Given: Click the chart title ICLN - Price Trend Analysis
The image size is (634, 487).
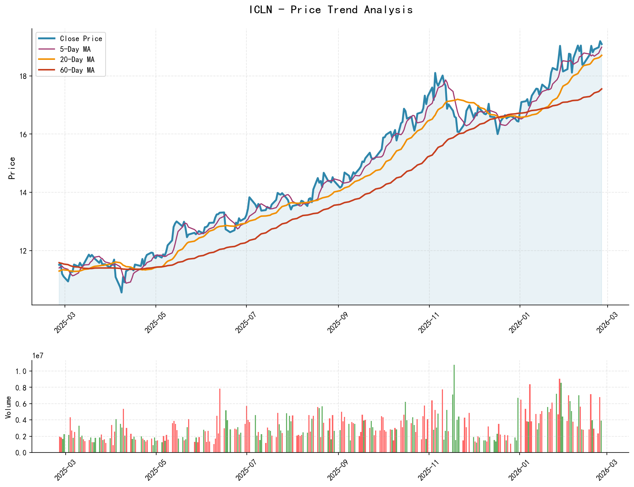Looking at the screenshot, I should point(331,10).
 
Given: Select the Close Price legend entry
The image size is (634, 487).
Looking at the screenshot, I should point(81,39).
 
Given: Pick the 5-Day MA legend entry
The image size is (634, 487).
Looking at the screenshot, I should point(75,49).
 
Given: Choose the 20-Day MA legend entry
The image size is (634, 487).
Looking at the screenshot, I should point(77,59).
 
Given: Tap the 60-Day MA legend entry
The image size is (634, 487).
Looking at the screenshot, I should point(77,70).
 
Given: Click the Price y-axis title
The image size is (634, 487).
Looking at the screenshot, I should point(12,168).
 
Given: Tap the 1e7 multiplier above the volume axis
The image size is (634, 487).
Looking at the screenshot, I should point(38,356).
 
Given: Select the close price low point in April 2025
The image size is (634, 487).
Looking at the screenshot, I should point(121,292).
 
